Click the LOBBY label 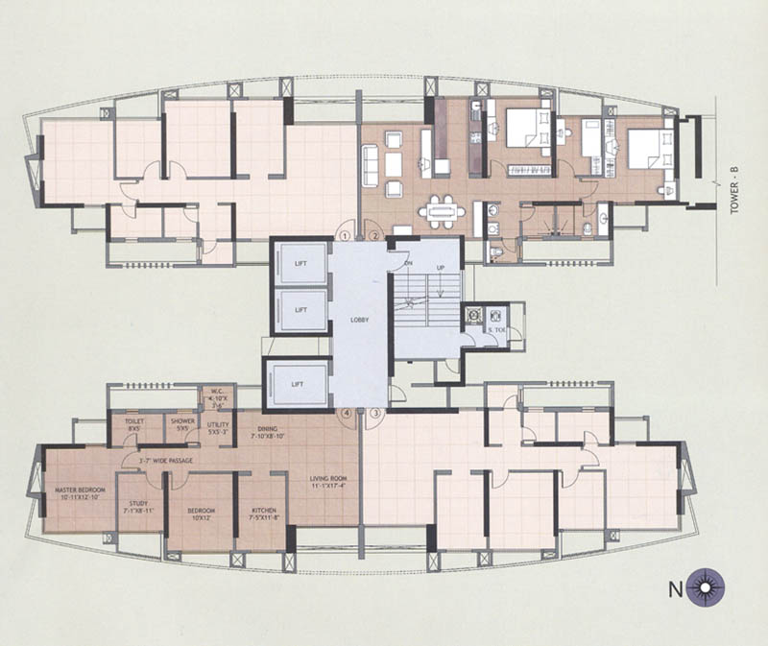click(x=360, y=319)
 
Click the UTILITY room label click(x=218, y=425)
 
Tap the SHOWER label click(x=182, y=423)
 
